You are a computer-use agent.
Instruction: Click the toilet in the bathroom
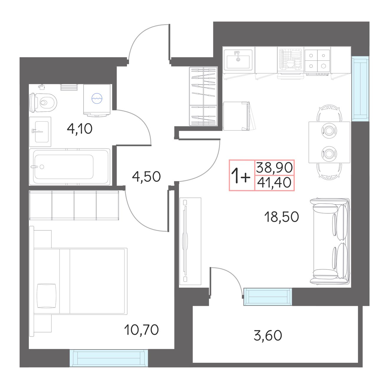pos(43,103)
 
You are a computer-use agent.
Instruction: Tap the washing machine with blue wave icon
pos(97,100)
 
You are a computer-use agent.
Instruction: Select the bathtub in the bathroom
pos(70,167)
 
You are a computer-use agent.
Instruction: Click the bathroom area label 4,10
pos(80,129)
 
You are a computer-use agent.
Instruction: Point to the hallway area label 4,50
pos(146,177)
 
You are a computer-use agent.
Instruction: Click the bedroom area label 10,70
pos(141,330)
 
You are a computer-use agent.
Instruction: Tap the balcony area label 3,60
pos(268,335)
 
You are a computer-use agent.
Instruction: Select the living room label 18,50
pos(282,217)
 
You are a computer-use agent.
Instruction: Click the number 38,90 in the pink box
pos(274,167)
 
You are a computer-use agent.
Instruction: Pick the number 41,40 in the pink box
pos(274,182)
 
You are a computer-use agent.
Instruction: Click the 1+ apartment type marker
pos(241,176)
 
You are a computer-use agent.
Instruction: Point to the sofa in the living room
pos(330,242)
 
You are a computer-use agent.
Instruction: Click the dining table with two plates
pos(329,142)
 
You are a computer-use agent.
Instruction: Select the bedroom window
pos(109,358)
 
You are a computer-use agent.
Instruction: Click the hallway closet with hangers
pos(203,96)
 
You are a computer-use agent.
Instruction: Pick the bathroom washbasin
pos(40,132)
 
